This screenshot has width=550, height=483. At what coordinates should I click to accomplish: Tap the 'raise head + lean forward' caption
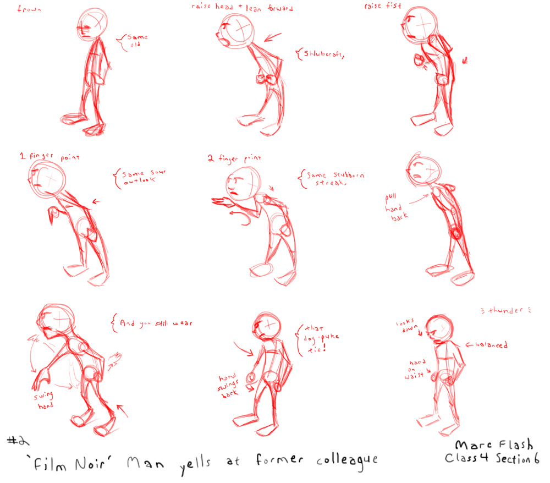pos(243,8)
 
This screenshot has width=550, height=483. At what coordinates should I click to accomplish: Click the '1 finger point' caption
pos(50,157)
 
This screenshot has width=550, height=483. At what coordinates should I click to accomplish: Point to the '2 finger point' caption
pos(233,159)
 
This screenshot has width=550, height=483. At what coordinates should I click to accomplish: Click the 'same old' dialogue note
pos(136,41)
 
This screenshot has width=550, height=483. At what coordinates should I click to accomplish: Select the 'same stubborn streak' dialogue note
pos(333,179)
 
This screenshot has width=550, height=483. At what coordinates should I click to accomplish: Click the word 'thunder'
pos(505,311)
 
